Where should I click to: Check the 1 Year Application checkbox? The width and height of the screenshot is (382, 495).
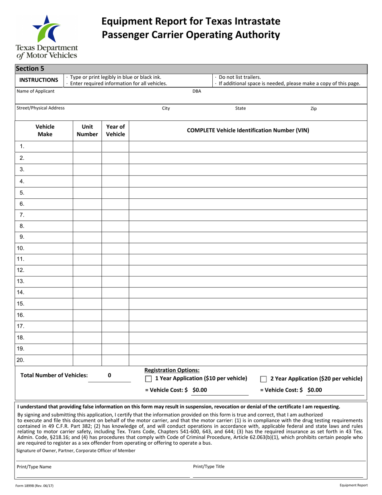click(148, 379)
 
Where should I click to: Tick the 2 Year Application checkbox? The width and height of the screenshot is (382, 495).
click(264, 379)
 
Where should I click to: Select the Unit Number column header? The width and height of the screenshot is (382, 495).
click(87, 130)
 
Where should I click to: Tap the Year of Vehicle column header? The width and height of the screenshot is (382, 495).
click(115, 130)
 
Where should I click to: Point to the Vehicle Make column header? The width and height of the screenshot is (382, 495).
click(45, 130)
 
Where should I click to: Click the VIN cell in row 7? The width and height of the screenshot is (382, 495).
click(248, 215)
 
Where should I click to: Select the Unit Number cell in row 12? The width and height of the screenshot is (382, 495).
click(87, 270)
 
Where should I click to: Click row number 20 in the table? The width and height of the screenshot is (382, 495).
click(21, 360)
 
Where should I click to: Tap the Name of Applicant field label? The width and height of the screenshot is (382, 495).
click(35, 91)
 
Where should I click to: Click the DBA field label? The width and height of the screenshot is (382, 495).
click(197, 91)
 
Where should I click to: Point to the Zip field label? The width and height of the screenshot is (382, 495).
click(314, 109)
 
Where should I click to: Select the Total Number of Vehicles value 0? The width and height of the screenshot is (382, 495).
click(109, 375)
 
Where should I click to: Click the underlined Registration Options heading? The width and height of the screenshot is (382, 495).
click(172, 370)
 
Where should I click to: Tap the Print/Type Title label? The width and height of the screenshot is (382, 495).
click(209, 467)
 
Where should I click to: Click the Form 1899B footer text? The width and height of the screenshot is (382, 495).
click(35, 486)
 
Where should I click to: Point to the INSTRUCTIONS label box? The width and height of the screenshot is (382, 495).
click(39, 80)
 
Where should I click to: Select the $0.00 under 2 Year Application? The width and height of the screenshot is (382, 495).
click(315, 390)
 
